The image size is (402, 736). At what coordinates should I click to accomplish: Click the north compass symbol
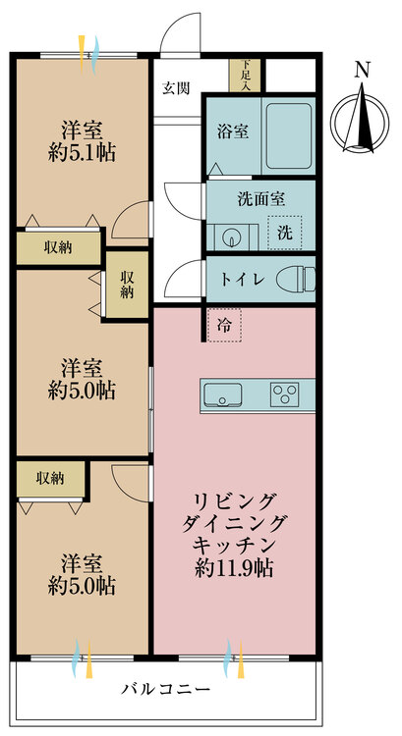(x=360, y=121)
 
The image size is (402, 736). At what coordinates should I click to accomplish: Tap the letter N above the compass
(x=361, y=70)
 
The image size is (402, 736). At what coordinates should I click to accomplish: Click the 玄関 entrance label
(x=176, y=88)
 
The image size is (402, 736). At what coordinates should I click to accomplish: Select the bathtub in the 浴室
(x=289, y=135)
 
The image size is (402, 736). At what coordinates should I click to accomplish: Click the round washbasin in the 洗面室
(x=231, y=237)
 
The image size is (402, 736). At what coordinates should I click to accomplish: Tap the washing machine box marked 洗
(x=284, y=233)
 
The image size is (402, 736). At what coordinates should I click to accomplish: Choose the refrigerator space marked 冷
(x=224, y=325)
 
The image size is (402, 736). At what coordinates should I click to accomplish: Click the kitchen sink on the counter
(x=221, y=394)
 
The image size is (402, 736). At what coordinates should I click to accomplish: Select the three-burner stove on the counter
(x=284, y=394)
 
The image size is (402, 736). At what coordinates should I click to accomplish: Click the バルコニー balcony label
(x=165, y=690)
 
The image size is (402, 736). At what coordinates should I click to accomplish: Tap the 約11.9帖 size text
(x=235, y=569)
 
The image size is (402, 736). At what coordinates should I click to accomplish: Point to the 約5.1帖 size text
(x=83, y=153)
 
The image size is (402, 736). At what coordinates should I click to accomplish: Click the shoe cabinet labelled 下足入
(x=245, y=75)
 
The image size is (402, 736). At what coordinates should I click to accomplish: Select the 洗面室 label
(x=260, y=200)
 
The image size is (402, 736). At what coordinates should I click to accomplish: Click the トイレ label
(x=241, y=280)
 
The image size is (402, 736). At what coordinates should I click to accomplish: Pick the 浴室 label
(x=233, y=131)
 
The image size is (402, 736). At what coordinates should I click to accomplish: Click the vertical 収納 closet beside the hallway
(x=127, y=285)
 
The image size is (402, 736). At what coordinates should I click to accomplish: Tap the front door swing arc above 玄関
(x=181, y=32)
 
